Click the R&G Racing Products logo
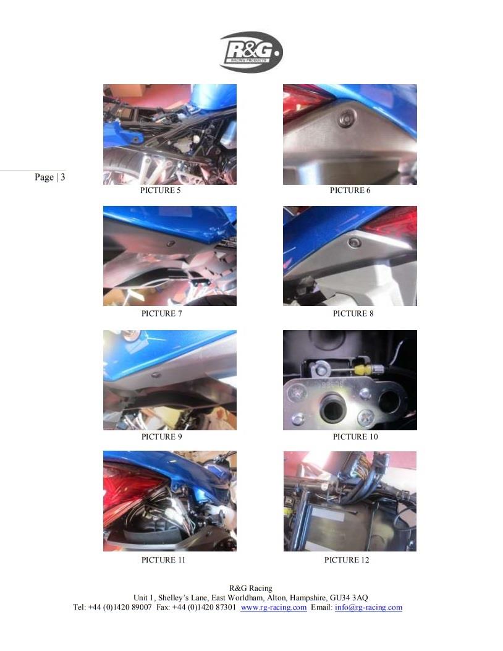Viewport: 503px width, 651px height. [x=251, y=53]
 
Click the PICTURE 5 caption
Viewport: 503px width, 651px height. [x=160, y=190]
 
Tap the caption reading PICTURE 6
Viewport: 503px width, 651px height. [x=350, y=190]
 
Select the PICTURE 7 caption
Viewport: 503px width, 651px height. [x=161, y=313]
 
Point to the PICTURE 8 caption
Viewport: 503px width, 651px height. [x=353, y=313]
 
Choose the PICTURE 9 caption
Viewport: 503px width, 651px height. [x=161, y=436]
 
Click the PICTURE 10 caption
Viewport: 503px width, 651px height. [x=355, y=436]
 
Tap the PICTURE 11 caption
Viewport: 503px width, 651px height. [x=163, y=560]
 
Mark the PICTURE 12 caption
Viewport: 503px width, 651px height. [x=347, y=560]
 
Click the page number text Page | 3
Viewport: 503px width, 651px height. [x=50, y=177]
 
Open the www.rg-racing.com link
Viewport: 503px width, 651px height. [x=274, y=607]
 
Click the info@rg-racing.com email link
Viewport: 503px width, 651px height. [x=368, y=607]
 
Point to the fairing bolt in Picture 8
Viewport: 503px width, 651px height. [x=354, y=242]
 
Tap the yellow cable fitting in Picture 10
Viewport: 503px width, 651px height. [x=364, y=368]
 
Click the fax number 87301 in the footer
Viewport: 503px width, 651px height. [x=225, y=607]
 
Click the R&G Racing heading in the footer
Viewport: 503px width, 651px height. [x=251, y=589]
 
